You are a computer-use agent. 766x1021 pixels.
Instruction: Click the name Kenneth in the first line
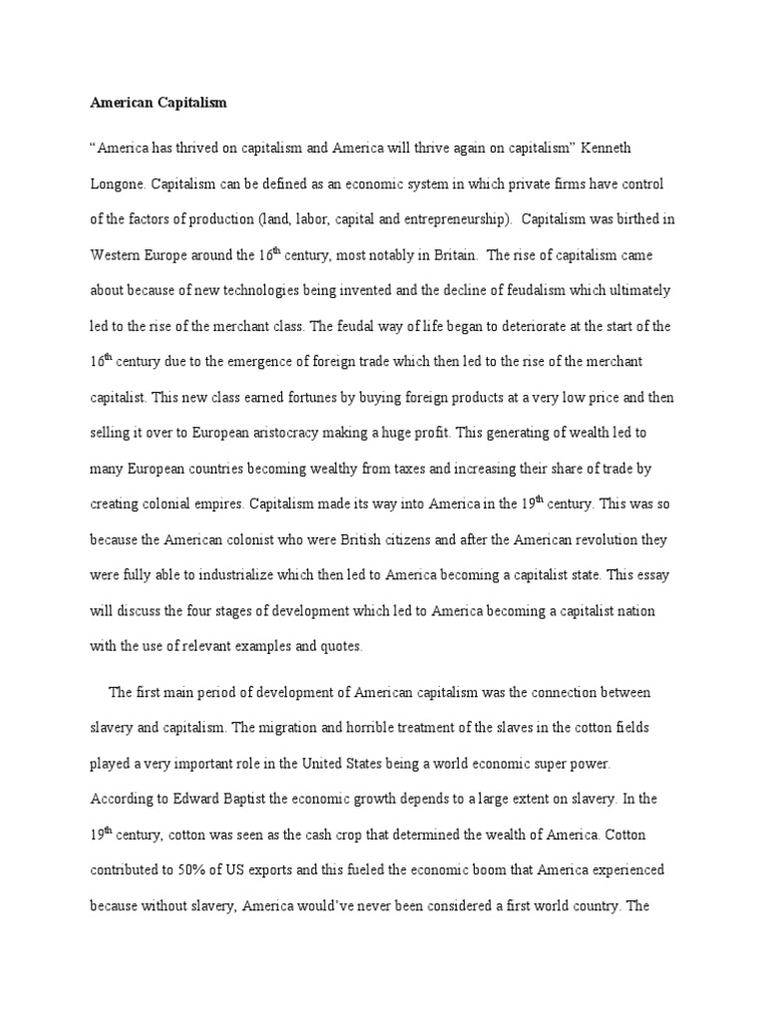(x=602, y=148)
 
